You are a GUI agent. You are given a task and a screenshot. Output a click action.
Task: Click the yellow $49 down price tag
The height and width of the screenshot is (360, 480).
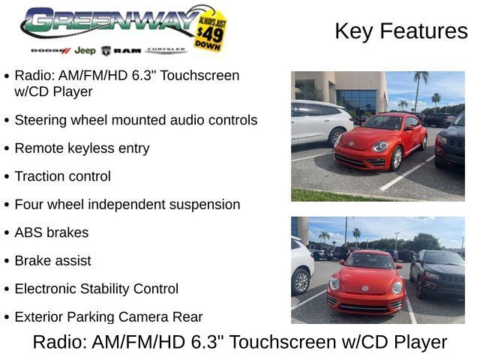click(x=210, y=31)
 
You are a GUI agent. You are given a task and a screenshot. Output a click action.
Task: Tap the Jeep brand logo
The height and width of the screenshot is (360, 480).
click(x=85, y=50)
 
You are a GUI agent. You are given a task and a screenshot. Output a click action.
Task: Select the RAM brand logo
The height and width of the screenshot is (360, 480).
click(x=121, y=51)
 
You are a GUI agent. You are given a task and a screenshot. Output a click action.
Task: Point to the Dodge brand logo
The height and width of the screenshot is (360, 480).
click(x=51, y=50)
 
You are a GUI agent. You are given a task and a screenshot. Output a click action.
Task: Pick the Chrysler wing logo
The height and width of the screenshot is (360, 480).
click(x=166, y=50)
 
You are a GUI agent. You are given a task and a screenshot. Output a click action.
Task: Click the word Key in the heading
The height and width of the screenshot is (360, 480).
click(x=354, y=31)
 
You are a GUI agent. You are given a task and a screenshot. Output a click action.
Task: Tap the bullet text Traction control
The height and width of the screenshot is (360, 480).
click(x=63, y=176)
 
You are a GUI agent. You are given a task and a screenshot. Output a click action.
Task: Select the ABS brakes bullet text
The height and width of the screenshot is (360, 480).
click(x=52, y=232)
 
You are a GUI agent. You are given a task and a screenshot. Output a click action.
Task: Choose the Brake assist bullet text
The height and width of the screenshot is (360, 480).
click(x=53, y=261)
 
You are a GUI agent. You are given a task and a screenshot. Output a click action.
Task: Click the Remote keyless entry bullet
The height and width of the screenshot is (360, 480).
click(x=82, y=148)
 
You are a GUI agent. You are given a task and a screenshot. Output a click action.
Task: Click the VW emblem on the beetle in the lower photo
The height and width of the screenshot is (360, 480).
click(x=365, y=288)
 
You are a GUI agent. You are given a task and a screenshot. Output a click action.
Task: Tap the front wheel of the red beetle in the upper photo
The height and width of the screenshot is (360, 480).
click(x=397, y=158)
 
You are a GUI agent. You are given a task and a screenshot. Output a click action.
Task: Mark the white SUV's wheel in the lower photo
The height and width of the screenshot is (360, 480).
click(x=301, y=282)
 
